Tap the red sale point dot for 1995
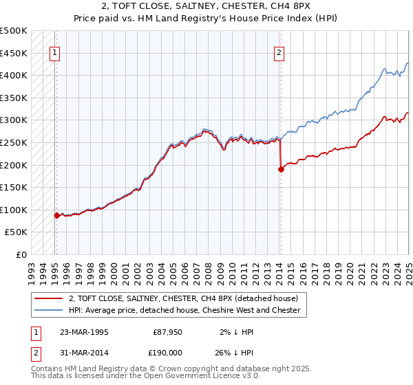[56, 215]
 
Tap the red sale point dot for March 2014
[281, 169]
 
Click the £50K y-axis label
[17, 232]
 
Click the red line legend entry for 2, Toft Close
[183, 299]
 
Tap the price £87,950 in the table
[167, 332]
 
